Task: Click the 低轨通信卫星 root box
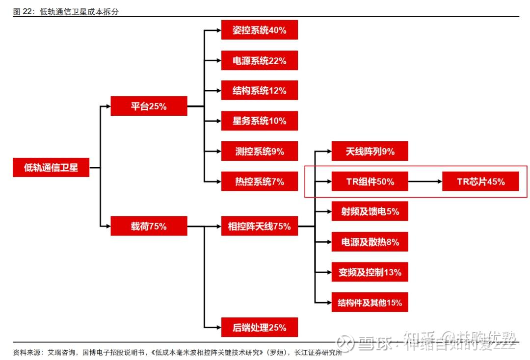51,167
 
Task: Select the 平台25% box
149,106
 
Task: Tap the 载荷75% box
149,226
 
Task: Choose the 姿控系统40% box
260,30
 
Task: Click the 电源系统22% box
260,60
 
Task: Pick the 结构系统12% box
260,90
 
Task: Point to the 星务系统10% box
260,121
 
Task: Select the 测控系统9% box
260,151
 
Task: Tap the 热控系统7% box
260,181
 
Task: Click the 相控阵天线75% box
260,226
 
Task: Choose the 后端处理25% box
260,327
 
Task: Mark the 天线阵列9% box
370,151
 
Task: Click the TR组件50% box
370,181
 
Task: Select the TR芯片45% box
480,181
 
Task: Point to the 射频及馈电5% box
370,211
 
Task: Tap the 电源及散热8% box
370,242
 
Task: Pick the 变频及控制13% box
370,272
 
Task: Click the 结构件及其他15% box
370,302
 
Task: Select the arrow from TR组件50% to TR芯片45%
425,181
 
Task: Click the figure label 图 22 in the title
23,12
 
